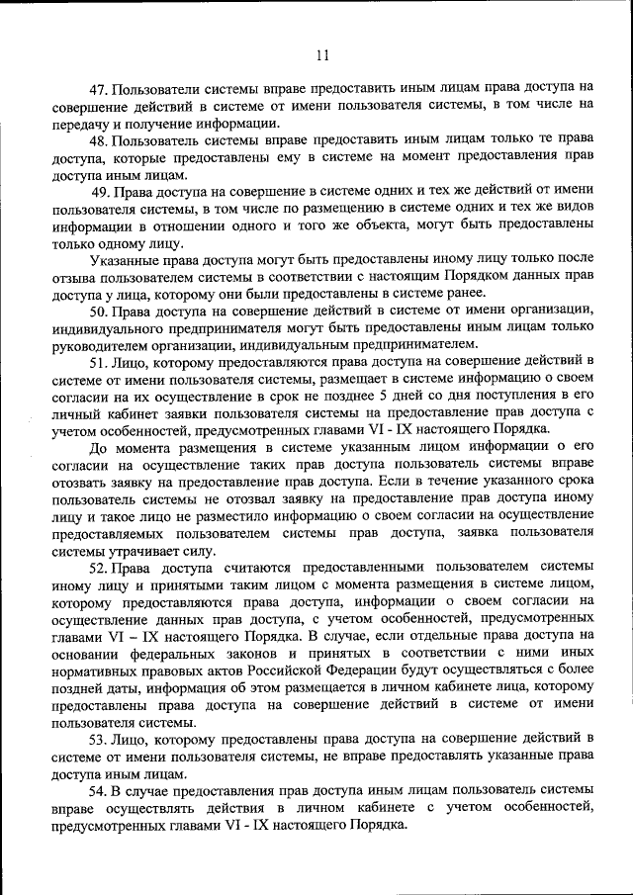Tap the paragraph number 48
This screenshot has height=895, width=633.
click(x=99, y=140)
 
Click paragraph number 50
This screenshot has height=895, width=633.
click(x=99, y=311)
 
